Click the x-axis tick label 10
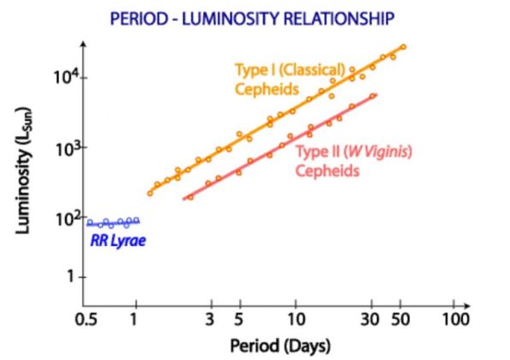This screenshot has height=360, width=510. pos(295,319)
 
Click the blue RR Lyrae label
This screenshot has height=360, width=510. pos(117,241)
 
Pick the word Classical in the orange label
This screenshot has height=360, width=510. pos(299,69)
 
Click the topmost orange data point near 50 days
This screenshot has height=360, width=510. pos(403,47)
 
